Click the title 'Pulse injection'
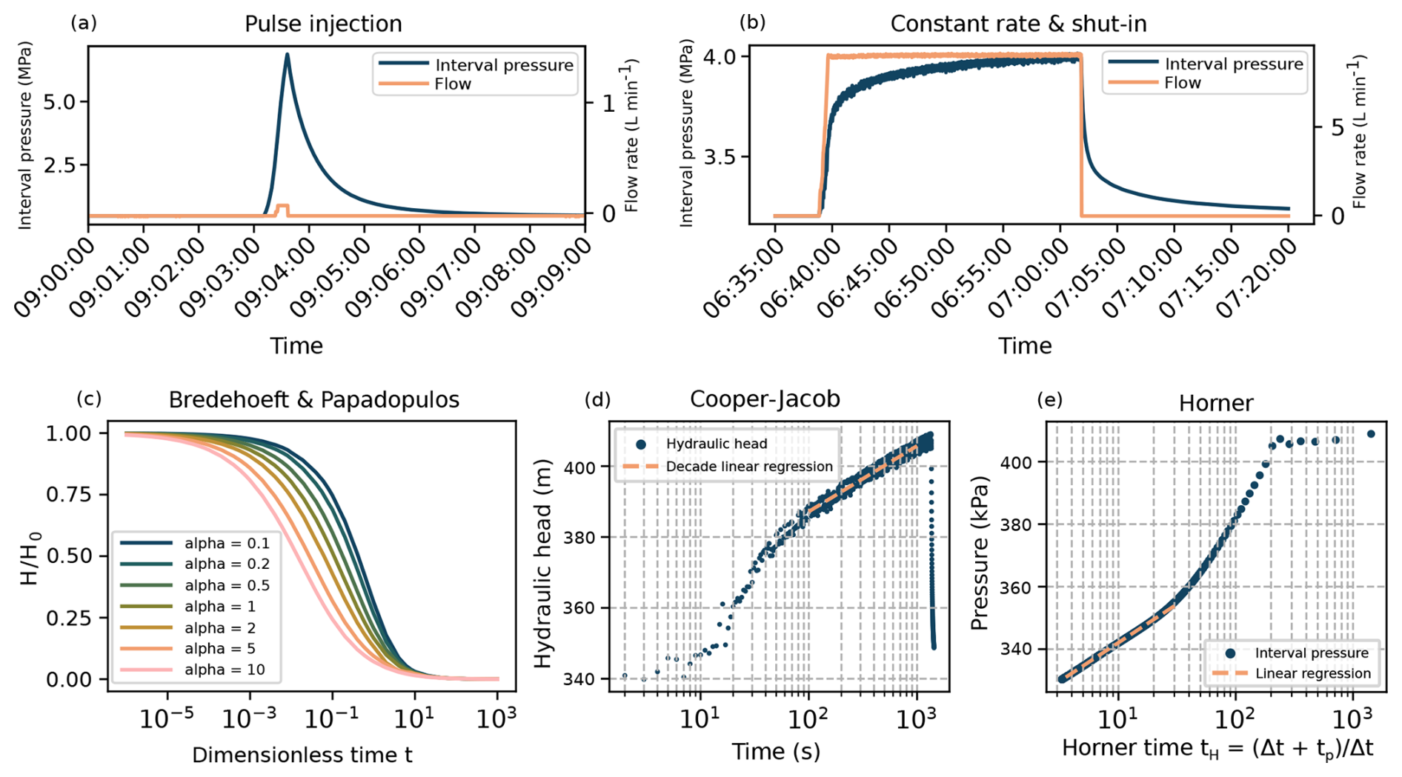[x=323, y=24]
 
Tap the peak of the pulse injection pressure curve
[x=288, y=54]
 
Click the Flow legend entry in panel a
[x=452, y=84]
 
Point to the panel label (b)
[x=753, y=22]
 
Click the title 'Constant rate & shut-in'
[x=1018, y=24]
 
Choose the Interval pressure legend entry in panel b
[x=1233, y=64]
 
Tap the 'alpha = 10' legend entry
[x=224, y=670]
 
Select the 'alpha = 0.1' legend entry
[x=227, y=543]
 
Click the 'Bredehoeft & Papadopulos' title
[x=314, y=400]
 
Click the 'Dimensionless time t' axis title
[x=302, y=755]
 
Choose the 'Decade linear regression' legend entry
[x=748, y=467]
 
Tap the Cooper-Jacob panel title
[x=765, y=399]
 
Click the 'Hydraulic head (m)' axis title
[x=543, y=563]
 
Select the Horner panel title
[x=1216, y=403]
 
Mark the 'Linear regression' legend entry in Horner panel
[x=1312, y=673]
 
